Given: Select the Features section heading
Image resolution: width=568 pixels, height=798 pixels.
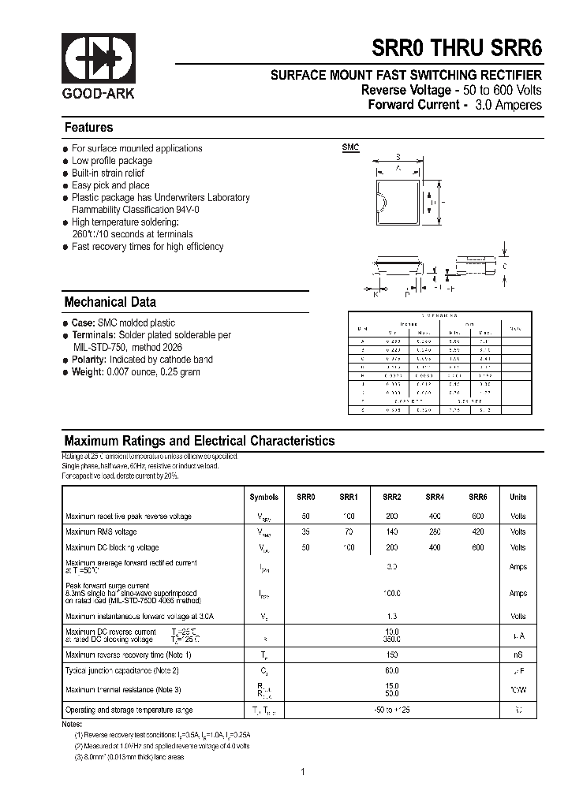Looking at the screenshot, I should (x=88, y=128).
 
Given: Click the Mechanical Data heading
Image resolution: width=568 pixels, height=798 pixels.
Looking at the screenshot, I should (x=110, y=302).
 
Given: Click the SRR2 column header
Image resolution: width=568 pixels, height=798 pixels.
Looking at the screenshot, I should (x=392, y=498).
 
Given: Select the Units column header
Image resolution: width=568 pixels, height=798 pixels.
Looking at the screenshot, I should (x=518, y=498).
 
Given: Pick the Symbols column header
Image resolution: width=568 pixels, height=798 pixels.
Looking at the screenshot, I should (x=263, y=498).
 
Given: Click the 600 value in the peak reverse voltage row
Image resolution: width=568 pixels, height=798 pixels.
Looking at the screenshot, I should (x=478, y=516).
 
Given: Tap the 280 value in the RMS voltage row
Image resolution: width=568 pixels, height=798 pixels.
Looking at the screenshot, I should (x=435, y=532).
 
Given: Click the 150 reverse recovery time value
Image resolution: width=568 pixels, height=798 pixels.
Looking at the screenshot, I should (x=392, y=654).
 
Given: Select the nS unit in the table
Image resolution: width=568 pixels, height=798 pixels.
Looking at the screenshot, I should (x=518, y=654).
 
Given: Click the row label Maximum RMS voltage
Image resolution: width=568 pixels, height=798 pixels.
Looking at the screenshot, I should (x=101, y=532).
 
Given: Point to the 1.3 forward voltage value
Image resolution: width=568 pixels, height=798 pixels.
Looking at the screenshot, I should (x=392, y=617).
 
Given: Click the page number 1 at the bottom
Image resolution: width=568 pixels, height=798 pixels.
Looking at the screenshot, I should (x=302, y=772).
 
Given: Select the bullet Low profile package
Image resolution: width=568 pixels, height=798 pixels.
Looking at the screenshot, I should (x=112, y=161).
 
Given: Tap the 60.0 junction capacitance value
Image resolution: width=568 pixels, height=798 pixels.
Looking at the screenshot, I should (x=392, y=670).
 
